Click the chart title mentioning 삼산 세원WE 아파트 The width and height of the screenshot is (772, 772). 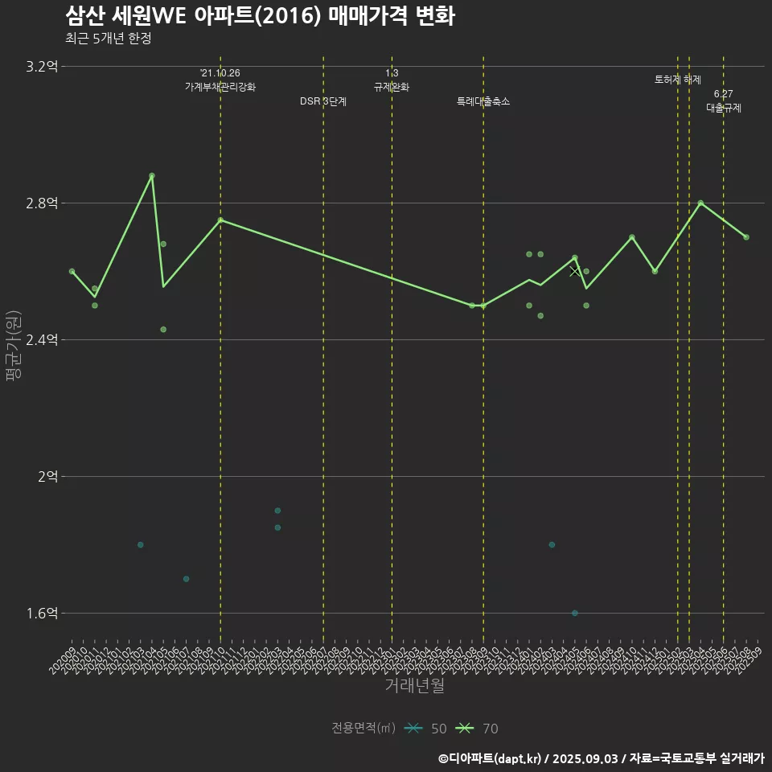pos(259,16)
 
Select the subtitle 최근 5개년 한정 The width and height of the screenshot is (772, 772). pos(108,38)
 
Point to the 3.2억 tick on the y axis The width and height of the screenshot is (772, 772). pos(42,67)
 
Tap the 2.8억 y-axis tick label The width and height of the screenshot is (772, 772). pos(42,203)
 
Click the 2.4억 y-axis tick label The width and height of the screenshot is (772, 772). pos(42,340)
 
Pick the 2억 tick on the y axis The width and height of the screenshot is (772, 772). pos(47,477)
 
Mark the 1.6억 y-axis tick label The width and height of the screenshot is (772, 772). pos(42,614)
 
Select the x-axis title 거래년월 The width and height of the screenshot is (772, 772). pos(414,686)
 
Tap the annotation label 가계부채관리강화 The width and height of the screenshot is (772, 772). pos(220,87)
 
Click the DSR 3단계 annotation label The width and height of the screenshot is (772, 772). pos(323,102)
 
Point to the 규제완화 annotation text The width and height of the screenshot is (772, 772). pos(392,87)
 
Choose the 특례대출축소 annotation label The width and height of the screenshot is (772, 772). pos(483,102)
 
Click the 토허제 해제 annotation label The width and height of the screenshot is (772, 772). pos(678,80)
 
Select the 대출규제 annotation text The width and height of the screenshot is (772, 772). pos(724,108)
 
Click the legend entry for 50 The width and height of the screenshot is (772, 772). pos(426,729)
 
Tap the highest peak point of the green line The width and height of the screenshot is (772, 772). pos(152,175)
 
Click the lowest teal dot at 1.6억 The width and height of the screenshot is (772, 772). pos(575,613)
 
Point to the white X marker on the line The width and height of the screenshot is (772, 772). pos(574,272)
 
